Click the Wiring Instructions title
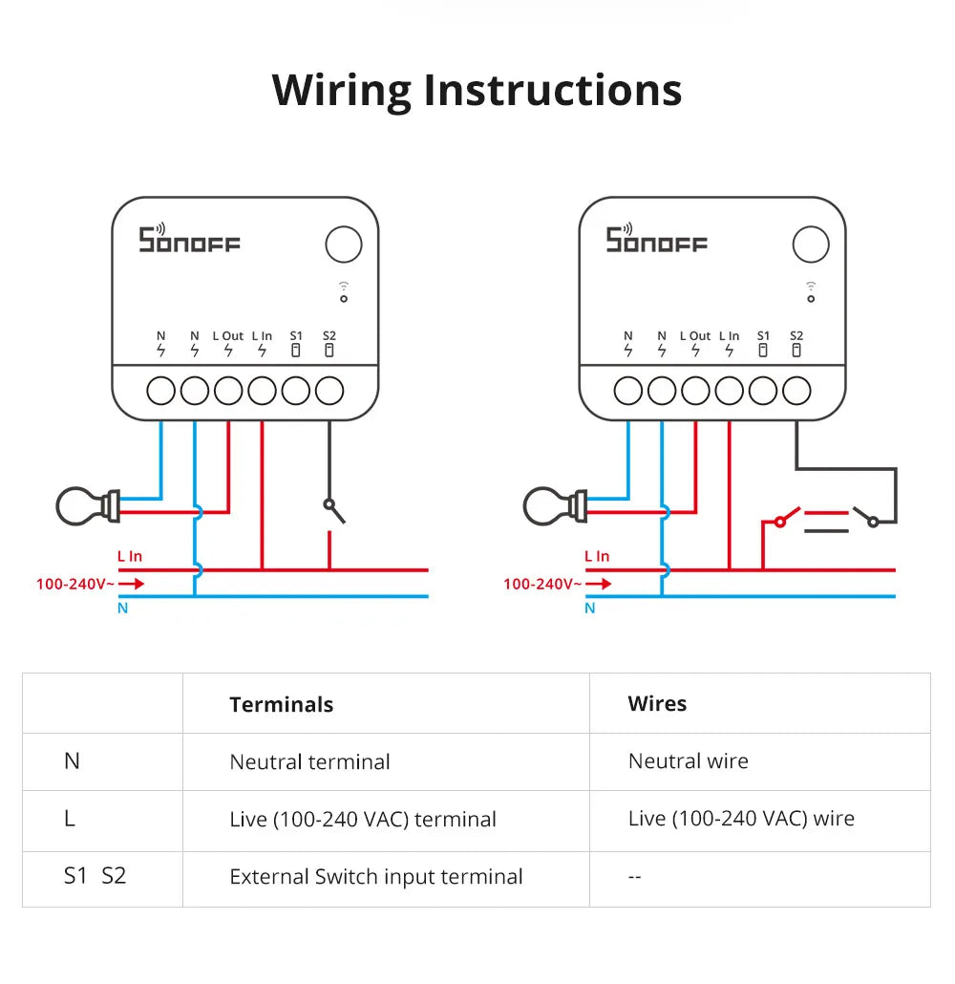point(477,90)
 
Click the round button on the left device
point(344,245)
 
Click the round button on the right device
point(811,245)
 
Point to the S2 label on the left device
point(329,336)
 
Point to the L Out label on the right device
point(695,336)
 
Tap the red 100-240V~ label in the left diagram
point(74,583)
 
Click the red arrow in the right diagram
point(600,583)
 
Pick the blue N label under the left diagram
point(122,609)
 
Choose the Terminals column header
point(282,705)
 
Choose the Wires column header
point(657,704)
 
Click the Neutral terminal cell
point(309,762)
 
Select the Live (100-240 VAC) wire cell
point(741,819)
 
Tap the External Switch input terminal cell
point(376,877)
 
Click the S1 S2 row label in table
point(95,876)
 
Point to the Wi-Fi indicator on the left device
point(344,291)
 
